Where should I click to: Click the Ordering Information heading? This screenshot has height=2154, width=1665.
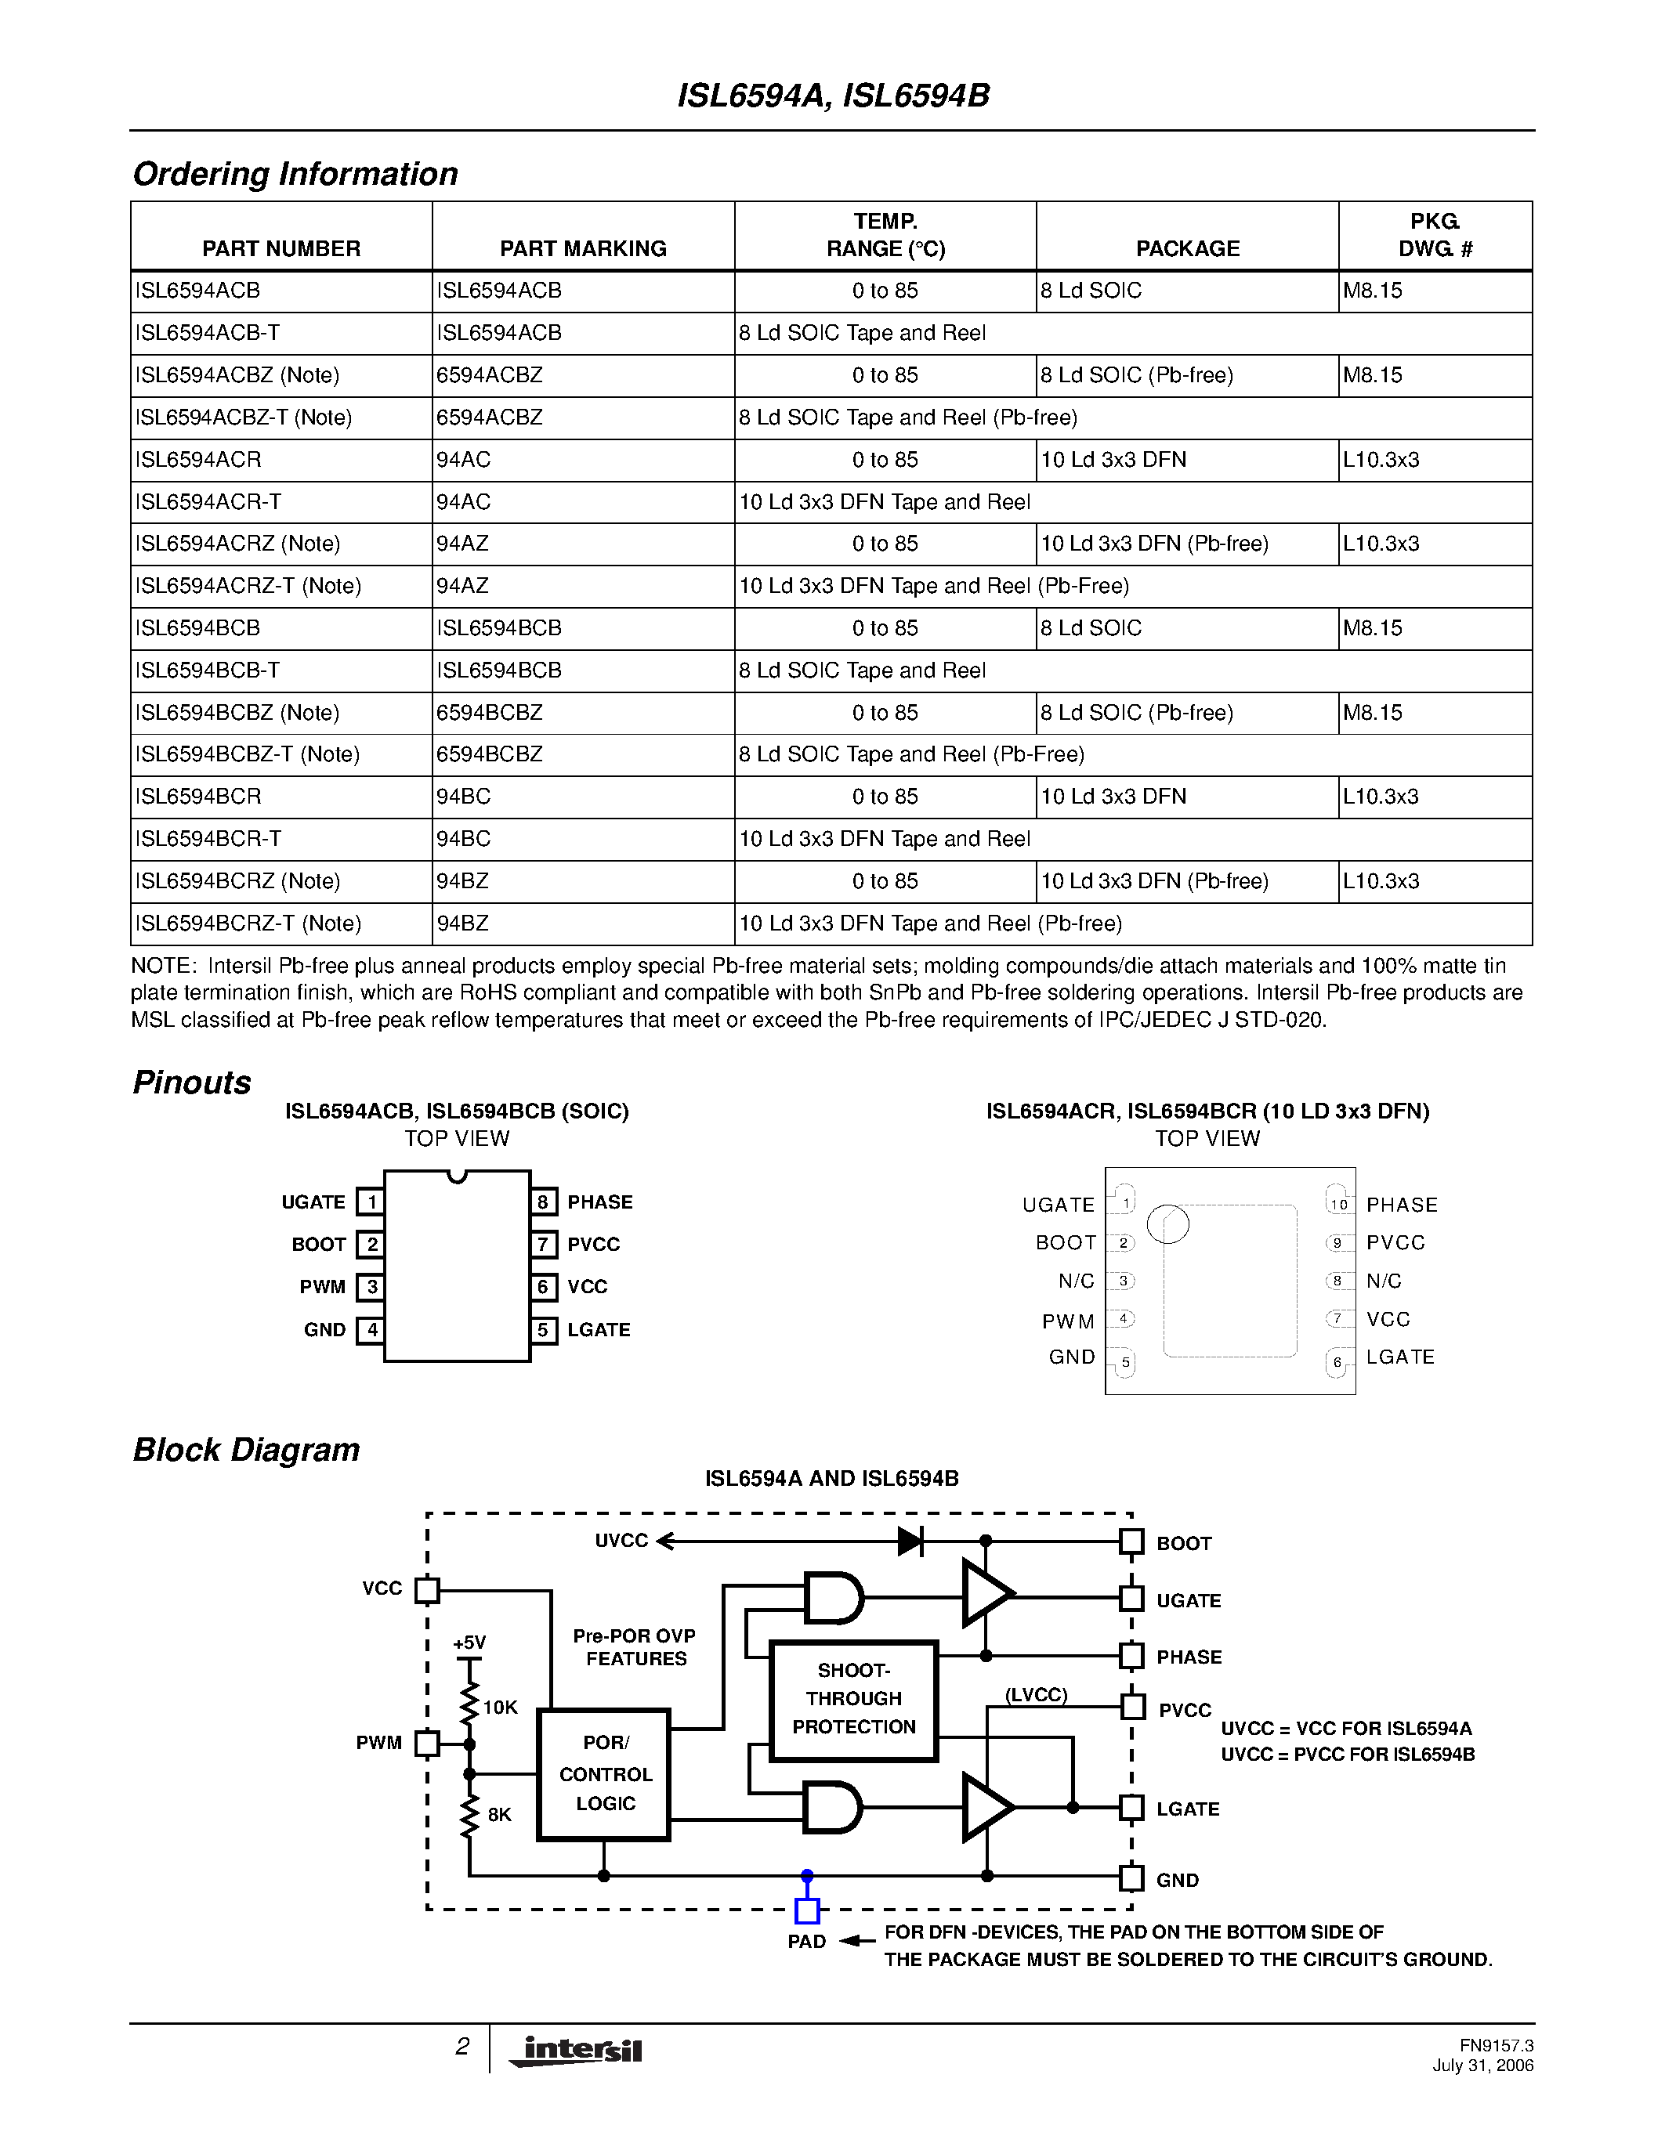tap(295, 174)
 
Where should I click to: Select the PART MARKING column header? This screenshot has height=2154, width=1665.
tap(583, 248)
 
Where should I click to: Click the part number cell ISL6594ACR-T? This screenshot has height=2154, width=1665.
tap(208, 502)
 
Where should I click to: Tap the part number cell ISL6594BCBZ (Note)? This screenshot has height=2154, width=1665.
tap(237, 713)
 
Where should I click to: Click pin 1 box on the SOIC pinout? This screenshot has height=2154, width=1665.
tap(371, 1202)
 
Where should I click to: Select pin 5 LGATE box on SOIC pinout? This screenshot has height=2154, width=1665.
tap(542, 1329)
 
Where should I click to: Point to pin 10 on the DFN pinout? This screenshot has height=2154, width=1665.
tap(1337, 1203)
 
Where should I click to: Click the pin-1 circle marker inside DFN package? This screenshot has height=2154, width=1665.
tap(1169, 1224)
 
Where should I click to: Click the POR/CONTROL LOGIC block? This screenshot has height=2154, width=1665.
tap(603, 1774)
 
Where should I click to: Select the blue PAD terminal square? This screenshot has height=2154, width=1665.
tap(807, 1911)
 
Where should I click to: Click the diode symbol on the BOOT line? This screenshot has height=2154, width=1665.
tap(910, 1541)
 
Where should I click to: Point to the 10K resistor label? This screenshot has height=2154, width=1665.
tap(500, 1708)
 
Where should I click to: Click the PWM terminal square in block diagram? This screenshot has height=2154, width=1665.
tap(427, 1744)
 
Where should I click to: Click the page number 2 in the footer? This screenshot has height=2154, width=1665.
tap(461, 2047)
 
